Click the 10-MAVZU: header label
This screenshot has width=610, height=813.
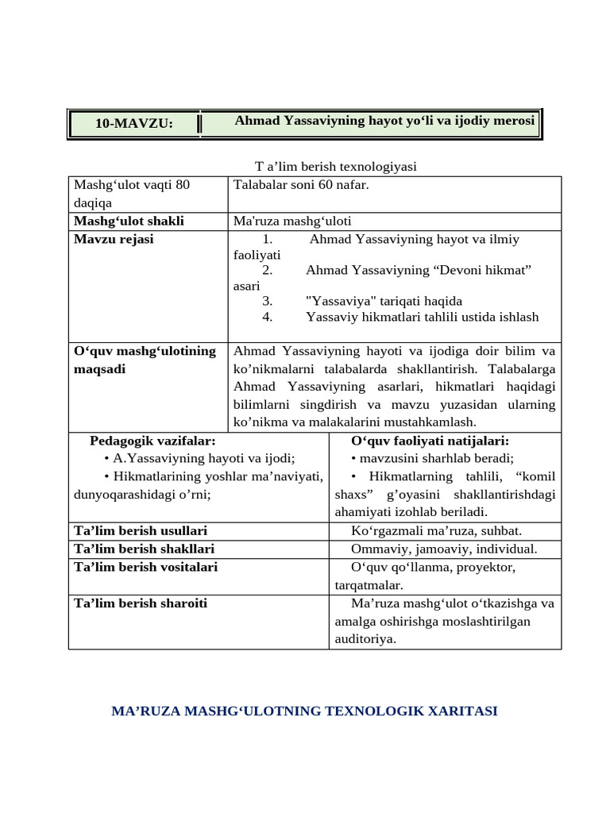click(133, 124)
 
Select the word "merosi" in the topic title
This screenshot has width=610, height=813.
click(514, 120)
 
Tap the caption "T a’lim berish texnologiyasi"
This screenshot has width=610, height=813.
click(335, 166)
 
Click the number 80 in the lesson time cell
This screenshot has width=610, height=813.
click(183, 185)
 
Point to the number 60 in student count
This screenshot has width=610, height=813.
click(326, 185)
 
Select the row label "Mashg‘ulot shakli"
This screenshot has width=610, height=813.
click(129, 221)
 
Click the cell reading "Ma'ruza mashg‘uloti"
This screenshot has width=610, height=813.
click(292, 221)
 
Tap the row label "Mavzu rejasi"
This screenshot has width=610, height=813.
click(114, 239)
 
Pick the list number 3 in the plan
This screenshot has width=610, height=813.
click(268, 301)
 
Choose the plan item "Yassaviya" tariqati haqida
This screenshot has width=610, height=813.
click(384, 301)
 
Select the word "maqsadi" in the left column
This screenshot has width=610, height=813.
click(99, 369)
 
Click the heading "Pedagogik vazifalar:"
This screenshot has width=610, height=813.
click(152, 441)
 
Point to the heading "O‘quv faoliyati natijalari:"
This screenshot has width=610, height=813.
click(430, 441)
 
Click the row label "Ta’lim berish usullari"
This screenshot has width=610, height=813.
click(141, 530)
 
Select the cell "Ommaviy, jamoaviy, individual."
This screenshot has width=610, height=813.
click(444, 549)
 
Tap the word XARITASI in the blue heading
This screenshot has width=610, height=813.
click(461, 711)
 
